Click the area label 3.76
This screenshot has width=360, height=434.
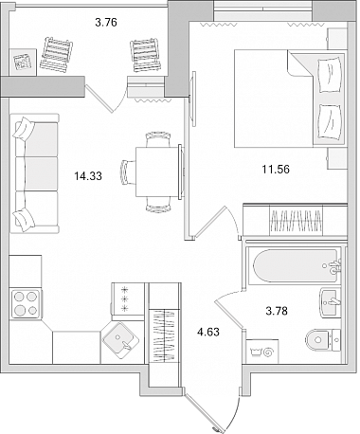pos(106,23)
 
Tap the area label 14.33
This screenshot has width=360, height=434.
pos(88,176)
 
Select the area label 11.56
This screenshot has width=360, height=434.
pos(276,170)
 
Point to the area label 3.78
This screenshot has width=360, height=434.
pos(277,311)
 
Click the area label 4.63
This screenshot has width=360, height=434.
pos(208,332)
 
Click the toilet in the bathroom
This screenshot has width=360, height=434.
pos(323,340)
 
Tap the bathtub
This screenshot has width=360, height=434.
pos(296,265)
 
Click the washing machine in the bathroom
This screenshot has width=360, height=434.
pos(262,352)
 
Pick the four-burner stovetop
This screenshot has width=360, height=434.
pos(26,303)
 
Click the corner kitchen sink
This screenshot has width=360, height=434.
pos(121,340)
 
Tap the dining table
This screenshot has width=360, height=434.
pos(157,172)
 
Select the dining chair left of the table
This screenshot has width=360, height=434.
pos(128,172)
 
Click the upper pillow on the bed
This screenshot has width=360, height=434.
pos(331,75)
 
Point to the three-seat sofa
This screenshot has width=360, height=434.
pos(34,173)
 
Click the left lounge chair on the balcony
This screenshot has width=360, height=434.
pos(56,55)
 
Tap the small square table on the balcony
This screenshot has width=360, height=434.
pos(23,62)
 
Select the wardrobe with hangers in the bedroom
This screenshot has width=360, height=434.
pos(295,220)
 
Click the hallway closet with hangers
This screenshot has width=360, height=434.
pos(164,335)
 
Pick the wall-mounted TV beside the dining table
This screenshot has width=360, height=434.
pos(193,99)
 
